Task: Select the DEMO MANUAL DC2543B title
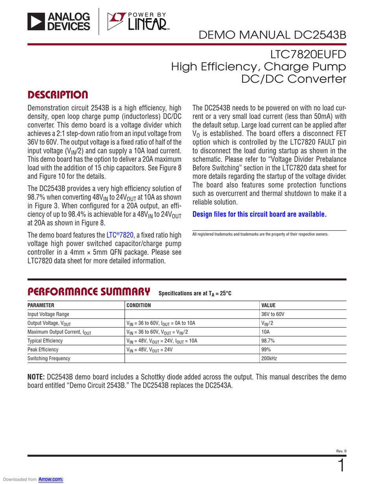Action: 272,35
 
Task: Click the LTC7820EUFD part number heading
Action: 308,54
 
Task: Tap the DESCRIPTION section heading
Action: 57,95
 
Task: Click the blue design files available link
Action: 259,214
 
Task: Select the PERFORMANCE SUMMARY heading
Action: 89,292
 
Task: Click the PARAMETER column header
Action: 41,305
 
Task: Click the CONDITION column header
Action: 139,305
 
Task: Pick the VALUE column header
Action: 268,305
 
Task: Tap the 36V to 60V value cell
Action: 273,314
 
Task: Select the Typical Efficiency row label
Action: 45,341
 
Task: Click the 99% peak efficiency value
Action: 266,350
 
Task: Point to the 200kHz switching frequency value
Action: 270,358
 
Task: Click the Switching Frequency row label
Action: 49,358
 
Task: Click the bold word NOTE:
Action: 36,377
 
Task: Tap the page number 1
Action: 341,466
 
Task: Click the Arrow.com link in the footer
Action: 51,479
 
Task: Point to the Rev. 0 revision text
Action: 341,451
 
